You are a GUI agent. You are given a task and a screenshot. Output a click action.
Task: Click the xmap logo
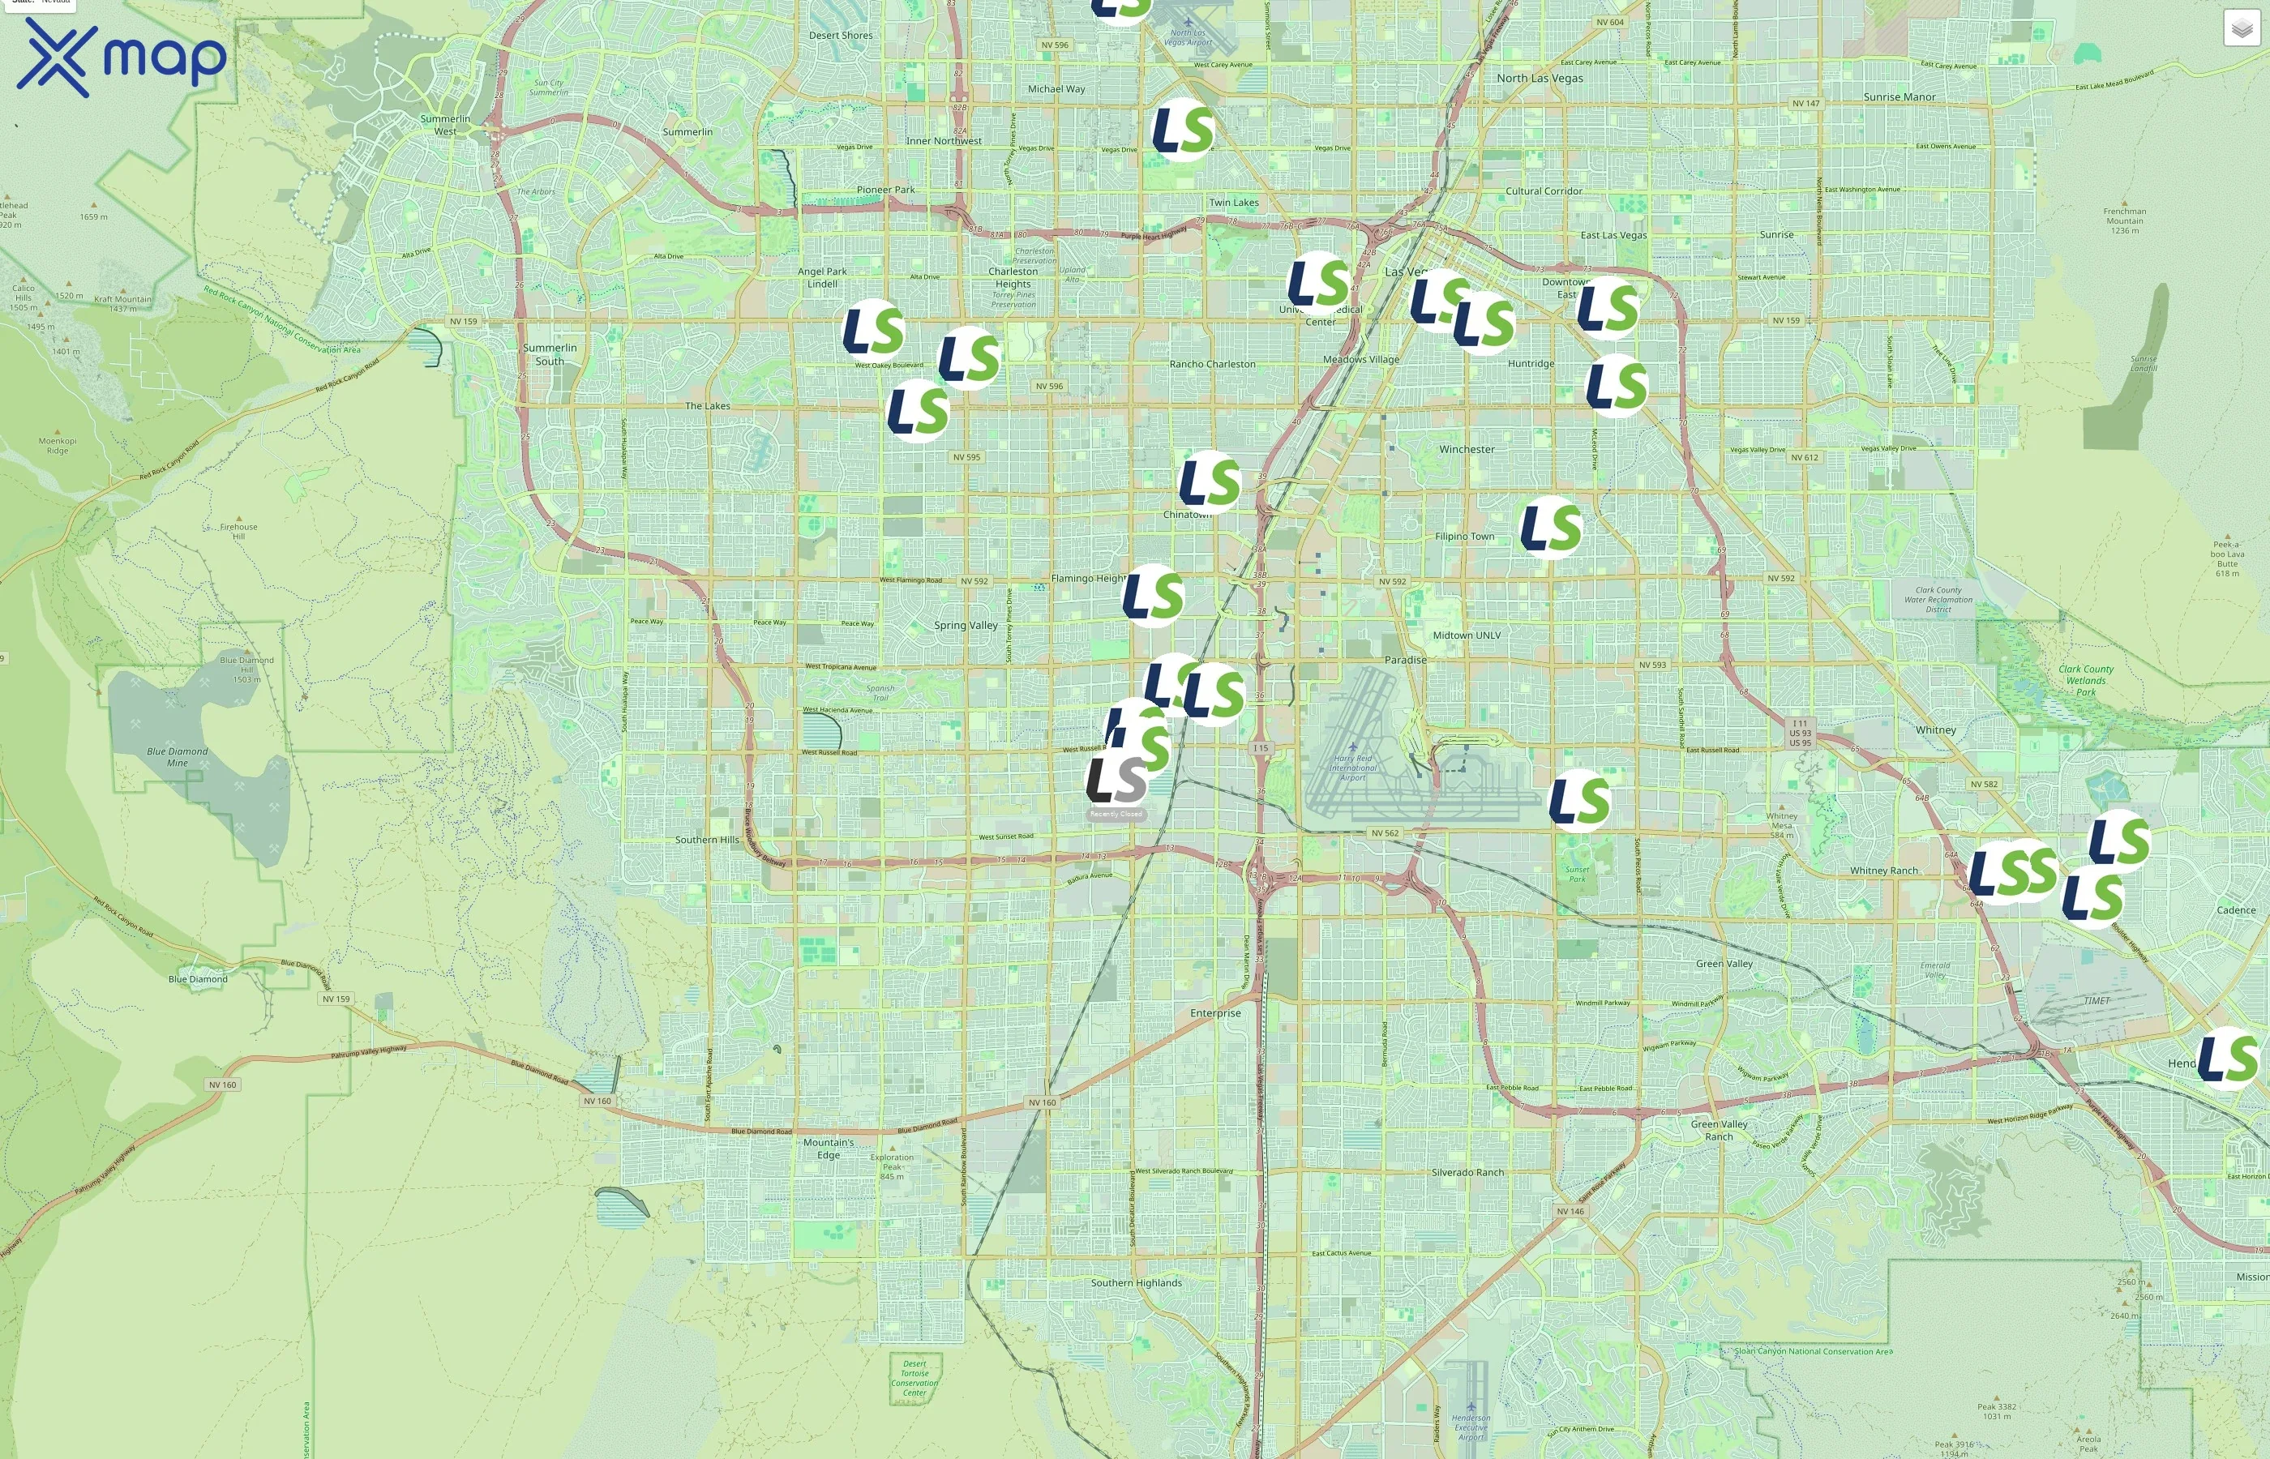pos(122,57)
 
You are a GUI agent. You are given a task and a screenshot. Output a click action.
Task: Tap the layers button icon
pos(2242,28)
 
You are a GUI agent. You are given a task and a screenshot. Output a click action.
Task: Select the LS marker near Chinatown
pos(1210,481)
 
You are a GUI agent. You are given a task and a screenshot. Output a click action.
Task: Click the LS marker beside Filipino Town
pos(1551,527)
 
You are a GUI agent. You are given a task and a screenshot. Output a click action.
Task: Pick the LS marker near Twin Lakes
pos(1182,129)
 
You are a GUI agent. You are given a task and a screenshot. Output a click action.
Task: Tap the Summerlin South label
pos(550,354)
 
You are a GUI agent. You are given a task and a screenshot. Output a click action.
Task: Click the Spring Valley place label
pos(966,625)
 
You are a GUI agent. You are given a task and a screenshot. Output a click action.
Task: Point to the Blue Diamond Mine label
pos(178,757)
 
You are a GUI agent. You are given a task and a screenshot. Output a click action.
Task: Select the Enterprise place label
pos(1215,1012)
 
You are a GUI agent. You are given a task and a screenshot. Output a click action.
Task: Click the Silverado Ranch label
pos(1467,1172)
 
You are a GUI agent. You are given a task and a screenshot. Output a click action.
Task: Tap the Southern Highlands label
pos(1136,1283)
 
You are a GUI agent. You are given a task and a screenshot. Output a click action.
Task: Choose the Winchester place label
pos(1467,449)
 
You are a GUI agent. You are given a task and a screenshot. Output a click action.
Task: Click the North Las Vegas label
pos(1540,78)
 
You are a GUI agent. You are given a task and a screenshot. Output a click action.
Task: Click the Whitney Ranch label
pos(1883,871)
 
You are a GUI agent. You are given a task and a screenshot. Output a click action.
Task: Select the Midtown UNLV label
pos(1467,635)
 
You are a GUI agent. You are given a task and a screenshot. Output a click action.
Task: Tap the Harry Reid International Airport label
pos(1352,768)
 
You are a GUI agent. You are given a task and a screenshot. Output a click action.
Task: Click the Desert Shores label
pos(841,35)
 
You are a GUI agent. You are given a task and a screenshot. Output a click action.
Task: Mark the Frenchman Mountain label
pos(2124,220)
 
